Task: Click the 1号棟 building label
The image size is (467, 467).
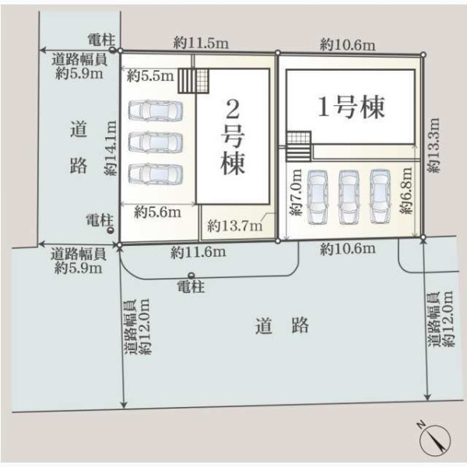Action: [352, 107]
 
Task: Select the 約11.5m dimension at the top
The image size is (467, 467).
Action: [201, 43]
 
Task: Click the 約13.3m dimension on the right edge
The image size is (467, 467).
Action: [434, 145]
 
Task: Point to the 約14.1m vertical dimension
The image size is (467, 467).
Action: [111, 148]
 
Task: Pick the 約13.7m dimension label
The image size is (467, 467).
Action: [235, 226]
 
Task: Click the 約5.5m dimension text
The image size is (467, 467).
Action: [150, 76]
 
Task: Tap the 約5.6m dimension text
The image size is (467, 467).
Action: [157, 212]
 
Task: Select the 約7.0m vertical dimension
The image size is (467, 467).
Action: [296, 192]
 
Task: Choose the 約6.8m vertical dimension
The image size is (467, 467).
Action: [406, 191]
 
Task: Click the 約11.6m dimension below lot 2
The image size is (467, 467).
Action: [198, 252]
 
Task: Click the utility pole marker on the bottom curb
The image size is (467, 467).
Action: [191, 276]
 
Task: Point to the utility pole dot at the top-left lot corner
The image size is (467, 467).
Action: [112, 50]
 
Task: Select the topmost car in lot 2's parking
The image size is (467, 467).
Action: [155, 111]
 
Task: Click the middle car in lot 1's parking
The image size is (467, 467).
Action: [349, 197]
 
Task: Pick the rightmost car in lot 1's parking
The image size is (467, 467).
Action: [381, 196]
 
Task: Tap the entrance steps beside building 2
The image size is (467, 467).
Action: [194, 81]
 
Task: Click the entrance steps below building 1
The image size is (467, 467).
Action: [299, 146]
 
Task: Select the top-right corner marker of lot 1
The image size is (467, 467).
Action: [423, 54]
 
